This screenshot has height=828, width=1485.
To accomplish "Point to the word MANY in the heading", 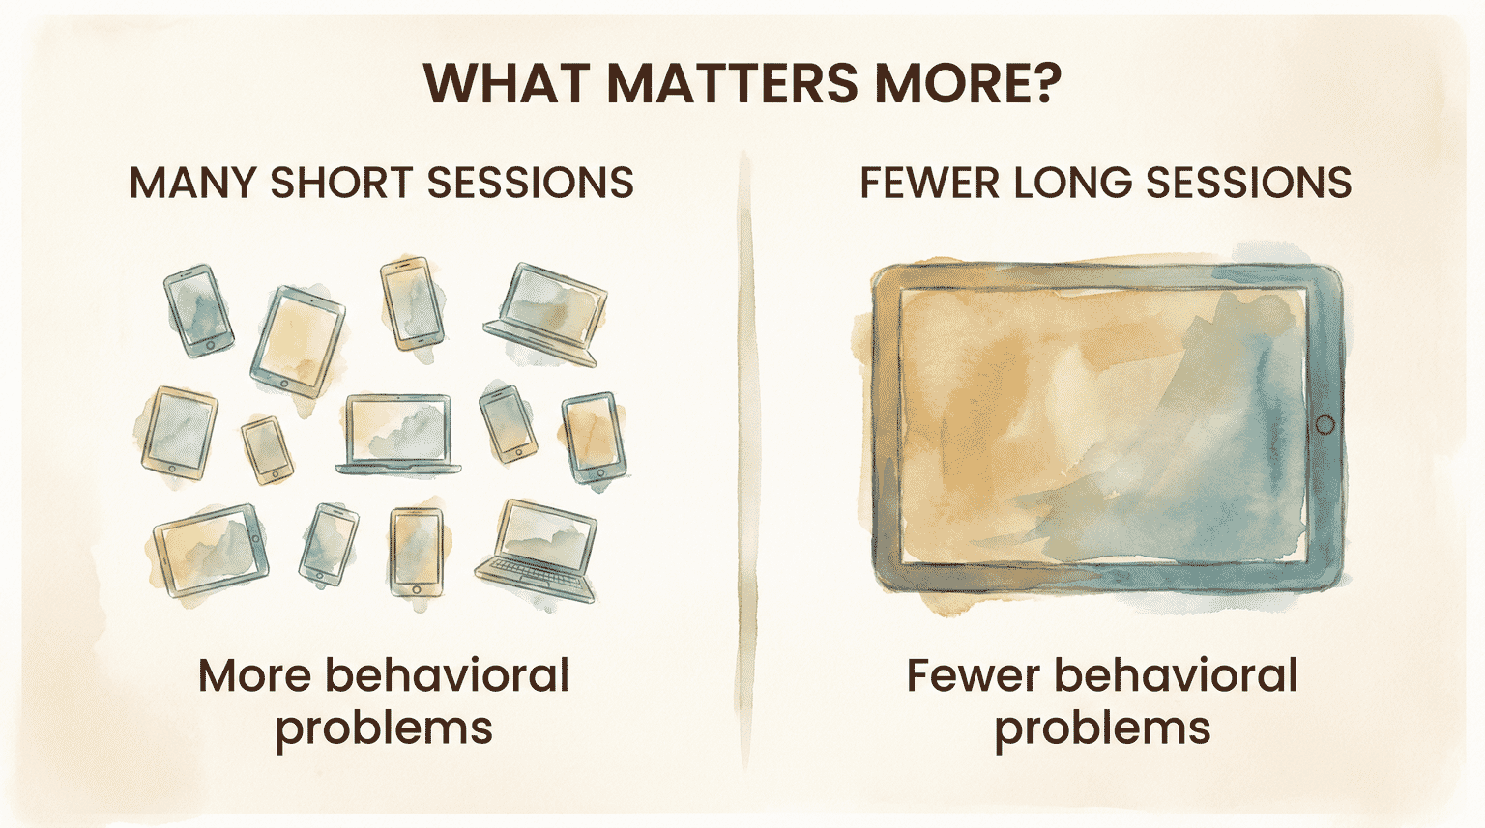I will click(x=192, y=184).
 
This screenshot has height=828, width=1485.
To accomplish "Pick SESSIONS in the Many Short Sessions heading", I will click(x=530, y=184).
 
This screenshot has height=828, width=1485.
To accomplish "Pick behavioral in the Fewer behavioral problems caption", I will click(x=1175, y=675).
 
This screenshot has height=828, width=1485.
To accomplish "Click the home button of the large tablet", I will click(x=1325, y=425).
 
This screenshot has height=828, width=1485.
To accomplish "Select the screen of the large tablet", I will click(x=1102, y=425).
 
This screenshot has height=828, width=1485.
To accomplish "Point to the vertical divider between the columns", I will click(x=745, y=464).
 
